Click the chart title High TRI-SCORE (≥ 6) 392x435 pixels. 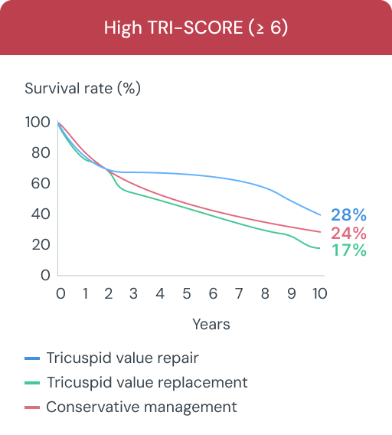pos(196,28)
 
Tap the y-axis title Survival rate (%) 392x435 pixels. pos(83,88)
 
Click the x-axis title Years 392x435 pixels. pos(211,324)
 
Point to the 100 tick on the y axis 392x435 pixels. pos(38,123)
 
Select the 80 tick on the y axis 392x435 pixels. pos(41,153)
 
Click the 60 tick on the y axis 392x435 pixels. pos(41,184)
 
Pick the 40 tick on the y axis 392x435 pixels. pos(41,214)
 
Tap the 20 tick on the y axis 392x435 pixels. pos(41,245)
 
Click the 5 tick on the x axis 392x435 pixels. pos(186,294)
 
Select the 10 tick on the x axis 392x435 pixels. pos(319,294)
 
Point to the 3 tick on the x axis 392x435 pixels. pos(133,294)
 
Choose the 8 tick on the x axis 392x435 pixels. pos(266,294)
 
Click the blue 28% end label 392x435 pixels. pos(348,215)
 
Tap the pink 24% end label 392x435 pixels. pos(348,233)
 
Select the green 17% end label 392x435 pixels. pos(348,250)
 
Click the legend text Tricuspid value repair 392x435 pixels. pos(128,358)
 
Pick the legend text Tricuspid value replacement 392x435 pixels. pos(147,382)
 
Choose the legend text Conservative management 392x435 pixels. pos(142,407)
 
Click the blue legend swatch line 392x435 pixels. pos(32,358)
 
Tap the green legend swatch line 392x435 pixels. pos(32,383)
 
